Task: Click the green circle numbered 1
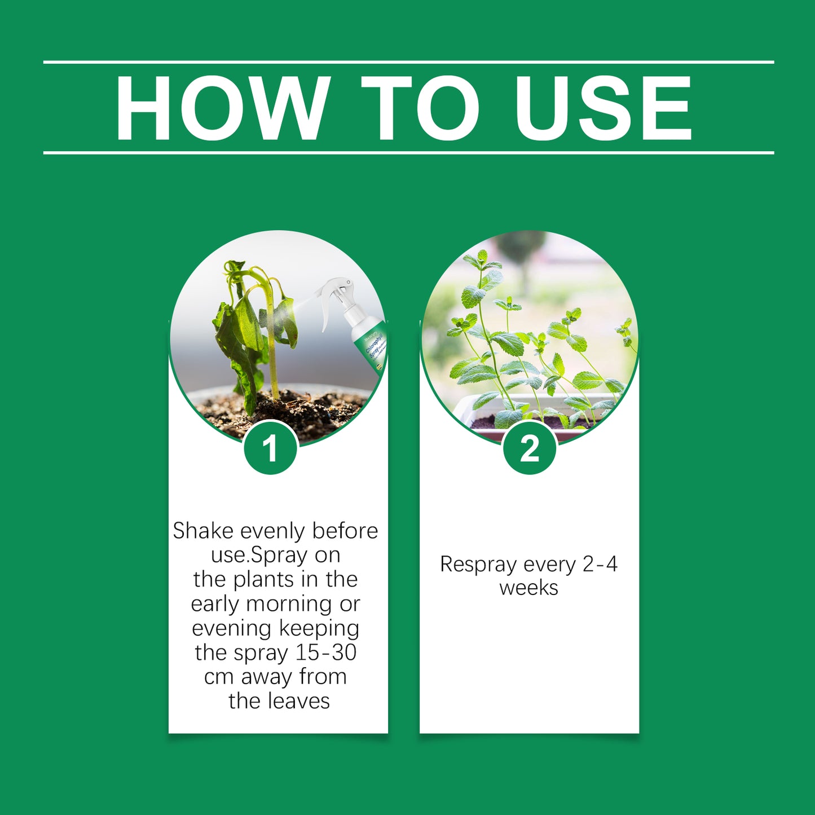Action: [x=271, y=448]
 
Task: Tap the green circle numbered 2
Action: [x=530, y=448]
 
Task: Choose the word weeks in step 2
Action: [x=528, y=588]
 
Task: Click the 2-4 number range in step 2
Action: [x=600, y=564]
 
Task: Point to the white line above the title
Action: [x=408, y=62]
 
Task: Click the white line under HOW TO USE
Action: [x=408, y=153]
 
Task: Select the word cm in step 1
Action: [x=218, y=677]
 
